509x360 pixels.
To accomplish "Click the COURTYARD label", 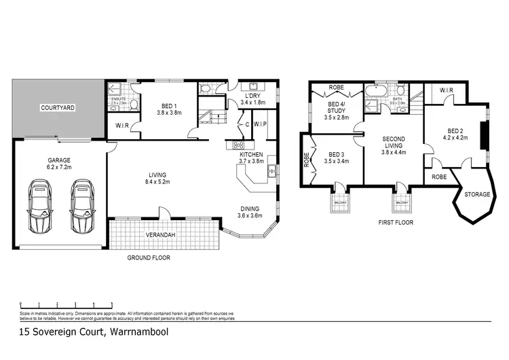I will pyautogui.click(x=58, y=108).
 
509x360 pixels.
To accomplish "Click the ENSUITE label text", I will pyautogui.click(x=118, y=99).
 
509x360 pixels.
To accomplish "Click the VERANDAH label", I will pyautogui.click(x=161, y=235).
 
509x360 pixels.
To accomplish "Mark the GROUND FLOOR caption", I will pyautogui.click(x=149, y=258).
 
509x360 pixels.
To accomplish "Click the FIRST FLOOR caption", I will pyautogui.click(x=396, y=223).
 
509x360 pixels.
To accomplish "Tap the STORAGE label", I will pyautogui.click(x=477, y=194).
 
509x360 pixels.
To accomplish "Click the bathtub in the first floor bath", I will pyautogui.click(x=375, y=90).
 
